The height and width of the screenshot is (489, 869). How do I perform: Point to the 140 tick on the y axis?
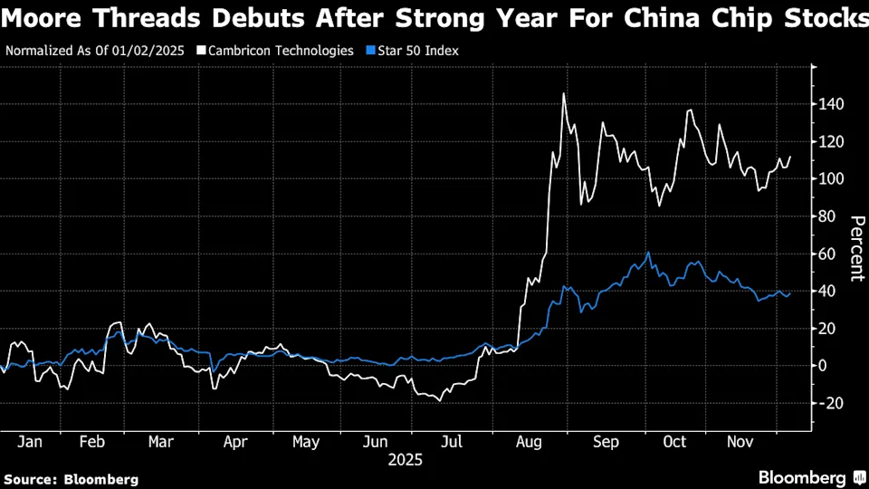[832, 105]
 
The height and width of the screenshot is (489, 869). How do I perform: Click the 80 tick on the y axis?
[832, 216]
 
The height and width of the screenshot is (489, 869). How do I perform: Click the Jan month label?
[30, 442]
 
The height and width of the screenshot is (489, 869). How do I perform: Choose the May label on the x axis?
[306, 442]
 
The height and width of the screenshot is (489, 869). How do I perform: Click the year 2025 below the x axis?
[405, 460]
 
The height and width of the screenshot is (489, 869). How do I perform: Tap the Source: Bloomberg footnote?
[72, 479]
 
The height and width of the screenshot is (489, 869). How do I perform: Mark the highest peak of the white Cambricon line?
[564, 93]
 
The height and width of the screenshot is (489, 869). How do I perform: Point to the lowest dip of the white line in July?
[440, 400]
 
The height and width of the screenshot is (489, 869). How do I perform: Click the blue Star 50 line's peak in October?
[648, 253]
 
